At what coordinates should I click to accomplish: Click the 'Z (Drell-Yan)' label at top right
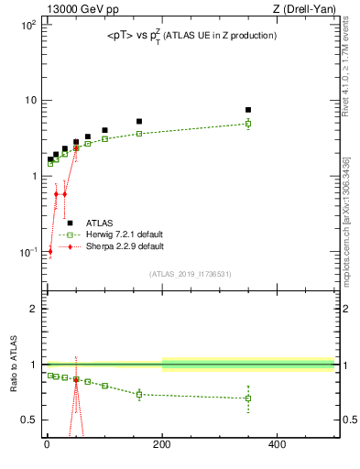click(x=307, y=10)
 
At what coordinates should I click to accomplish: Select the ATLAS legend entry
click(x=99, y=223)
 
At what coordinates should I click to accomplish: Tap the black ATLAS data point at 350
click(x=248, y=110)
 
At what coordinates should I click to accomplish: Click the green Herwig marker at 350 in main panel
click(x=248, y=124)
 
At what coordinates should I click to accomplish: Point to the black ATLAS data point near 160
click(x=139, y=121)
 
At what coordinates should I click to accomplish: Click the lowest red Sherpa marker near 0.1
click(x=50, y=252)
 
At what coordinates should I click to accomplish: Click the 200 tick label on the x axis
click(x=162, y=446)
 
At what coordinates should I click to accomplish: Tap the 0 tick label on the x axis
click(x=47, y=446)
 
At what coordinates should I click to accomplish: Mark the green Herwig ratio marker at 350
click(x=248, y=398)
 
